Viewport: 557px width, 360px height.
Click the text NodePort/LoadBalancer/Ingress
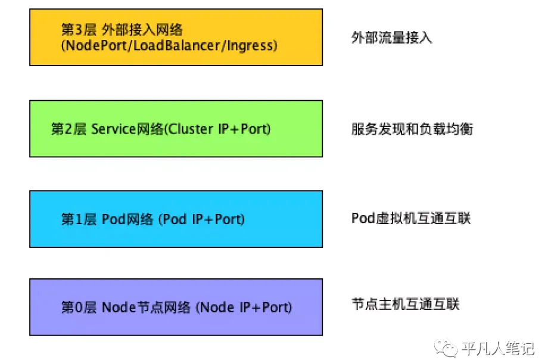coord(169,46)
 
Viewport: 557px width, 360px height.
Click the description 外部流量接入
coord(391,38)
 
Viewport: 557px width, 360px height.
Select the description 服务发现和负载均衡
coord(412,129)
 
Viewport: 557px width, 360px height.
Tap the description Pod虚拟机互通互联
coord(411,218)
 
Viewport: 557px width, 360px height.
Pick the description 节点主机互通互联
coord(406,305)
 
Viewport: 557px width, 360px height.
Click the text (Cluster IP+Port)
coord(217,129)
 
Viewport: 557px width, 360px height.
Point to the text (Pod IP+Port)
coord(201,219)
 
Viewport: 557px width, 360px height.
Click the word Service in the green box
coord(113,129)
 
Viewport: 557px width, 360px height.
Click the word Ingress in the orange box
coord(253,46)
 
